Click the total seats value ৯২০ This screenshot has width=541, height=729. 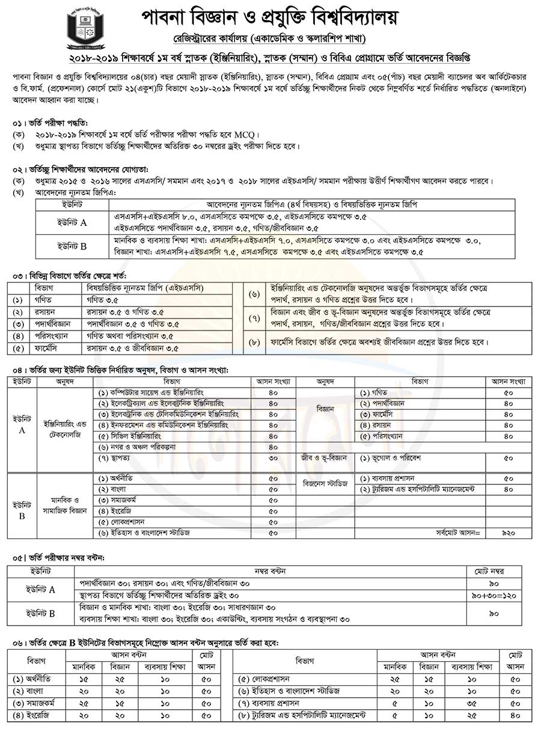click(x=509, y=533)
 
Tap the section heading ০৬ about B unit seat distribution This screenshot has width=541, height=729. click(x=144, y=642)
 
